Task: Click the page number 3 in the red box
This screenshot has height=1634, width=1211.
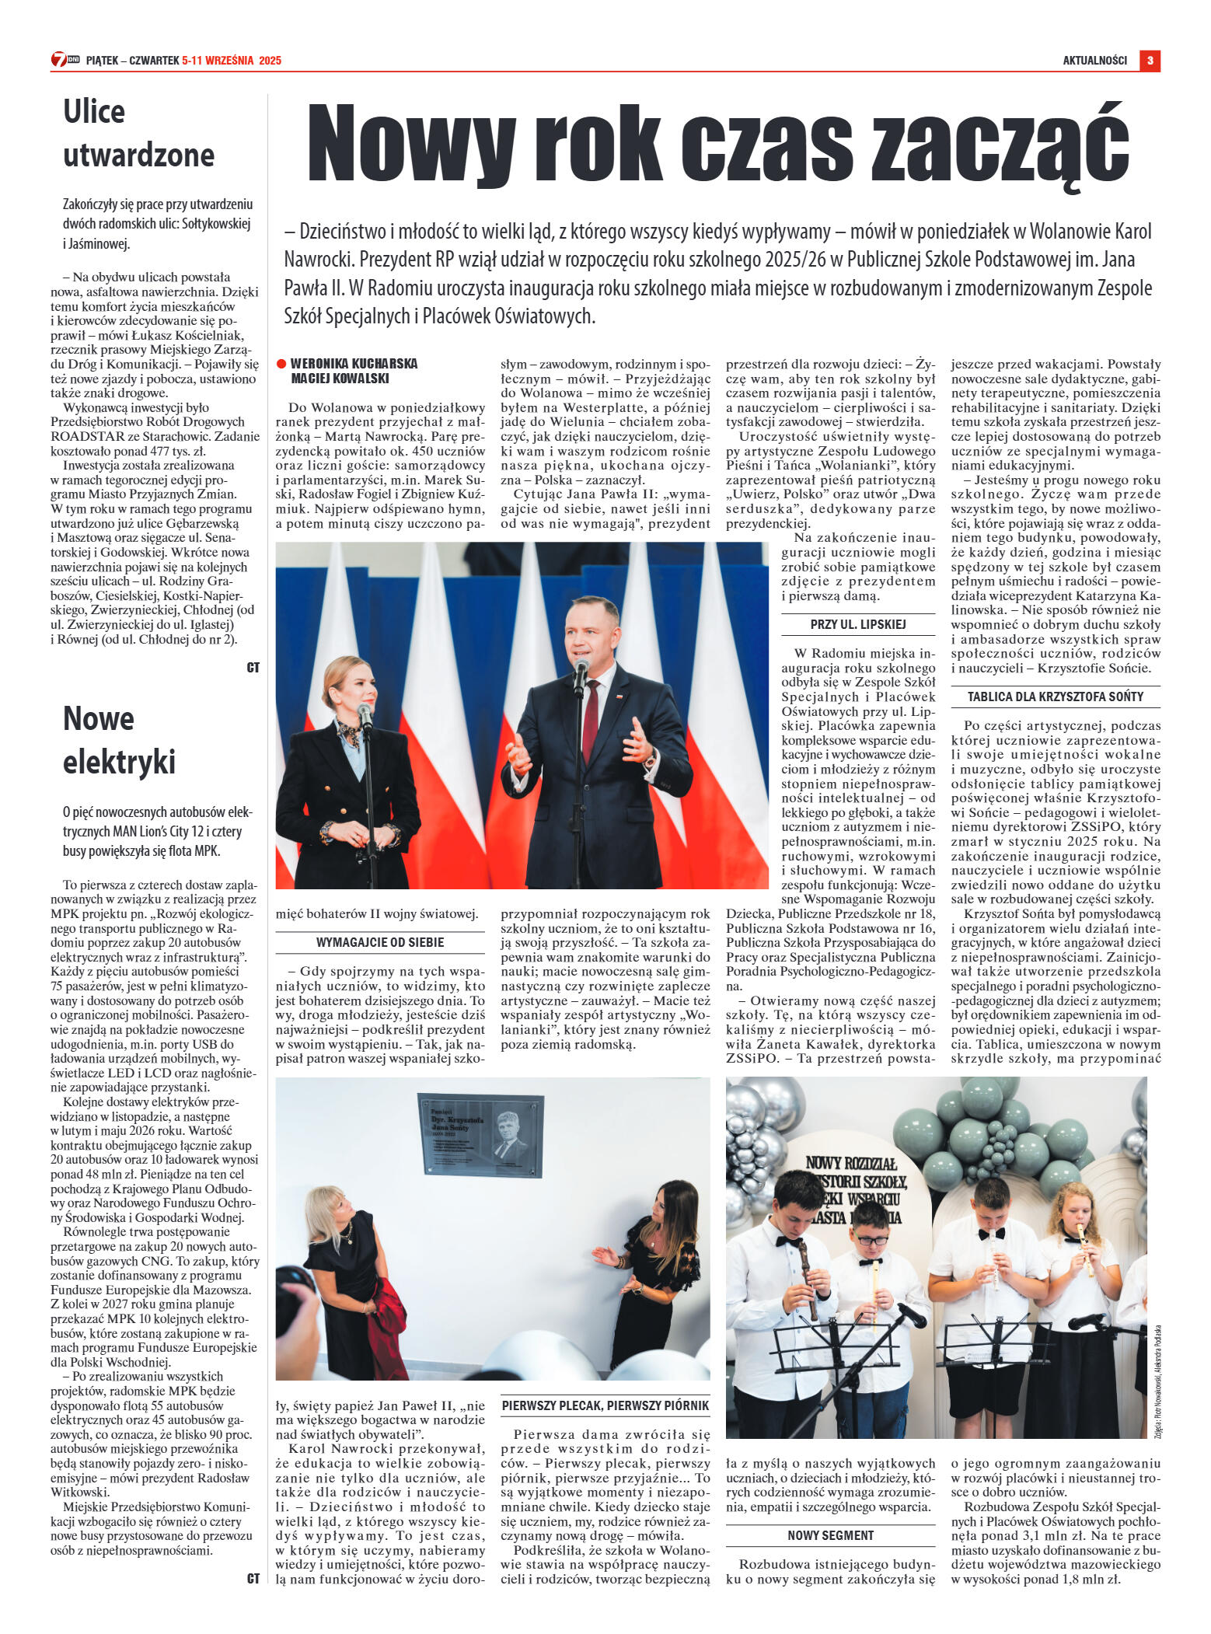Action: point(1150,61)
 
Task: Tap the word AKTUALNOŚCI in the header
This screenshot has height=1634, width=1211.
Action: point(1094,61)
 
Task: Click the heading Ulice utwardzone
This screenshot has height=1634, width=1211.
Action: point(138,133)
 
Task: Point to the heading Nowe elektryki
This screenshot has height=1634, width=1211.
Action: point(119,739)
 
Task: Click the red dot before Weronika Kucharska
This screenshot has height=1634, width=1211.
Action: point(281,364)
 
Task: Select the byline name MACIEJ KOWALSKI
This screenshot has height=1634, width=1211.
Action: point(340,379)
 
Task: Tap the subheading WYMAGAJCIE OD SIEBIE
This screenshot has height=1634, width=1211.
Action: point(380,942)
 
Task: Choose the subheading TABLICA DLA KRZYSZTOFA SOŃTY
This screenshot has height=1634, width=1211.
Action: point(1055,697)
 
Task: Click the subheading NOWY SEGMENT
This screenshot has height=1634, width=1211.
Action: point(830,1535)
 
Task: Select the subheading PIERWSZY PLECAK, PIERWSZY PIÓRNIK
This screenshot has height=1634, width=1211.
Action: point(605,1405)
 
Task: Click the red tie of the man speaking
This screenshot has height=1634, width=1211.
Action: point(591,720)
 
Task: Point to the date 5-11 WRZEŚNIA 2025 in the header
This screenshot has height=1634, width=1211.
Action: point(232,61)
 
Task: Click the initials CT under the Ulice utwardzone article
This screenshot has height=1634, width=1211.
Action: point(253,668)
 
